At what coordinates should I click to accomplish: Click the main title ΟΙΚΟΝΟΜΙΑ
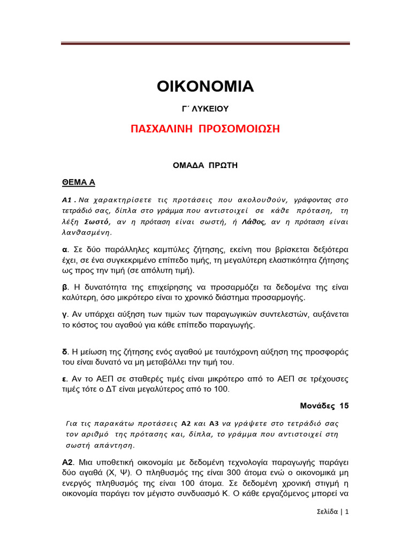(205, 86)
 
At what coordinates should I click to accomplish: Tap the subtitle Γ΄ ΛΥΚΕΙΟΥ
(205, 109)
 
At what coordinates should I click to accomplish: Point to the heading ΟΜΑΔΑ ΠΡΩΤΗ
(205, 166)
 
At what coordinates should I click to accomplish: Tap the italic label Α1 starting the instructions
(68, 200)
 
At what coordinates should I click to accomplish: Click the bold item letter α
(65, 249)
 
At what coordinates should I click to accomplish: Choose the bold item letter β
(65, 287)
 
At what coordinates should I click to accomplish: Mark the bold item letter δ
(65, 352)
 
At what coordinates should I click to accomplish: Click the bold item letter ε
(64, 379)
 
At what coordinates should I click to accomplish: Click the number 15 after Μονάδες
(343, 406)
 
